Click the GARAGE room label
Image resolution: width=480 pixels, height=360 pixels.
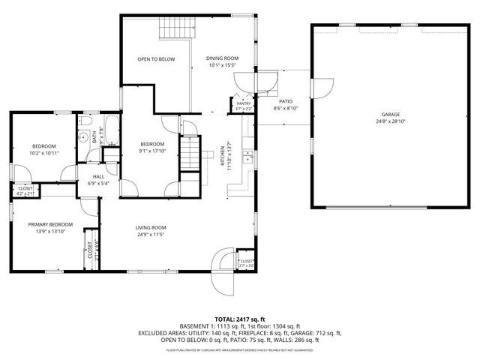[390, 115]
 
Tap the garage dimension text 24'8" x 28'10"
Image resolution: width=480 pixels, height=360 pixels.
[390, 121]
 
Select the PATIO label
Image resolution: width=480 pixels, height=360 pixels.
[286, 101]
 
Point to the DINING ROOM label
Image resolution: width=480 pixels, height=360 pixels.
[223, 58]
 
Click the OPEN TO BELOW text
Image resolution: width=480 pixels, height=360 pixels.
[156, 58]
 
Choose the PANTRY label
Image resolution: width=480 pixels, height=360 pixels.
[244, 103]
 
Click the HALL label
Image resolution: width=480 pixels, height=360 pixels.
[99, 177]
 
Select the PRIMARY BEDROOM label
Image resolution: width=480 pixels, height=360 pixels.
[50, 224]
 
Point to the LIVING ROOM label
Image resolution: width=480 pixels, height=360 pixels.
[150, 228]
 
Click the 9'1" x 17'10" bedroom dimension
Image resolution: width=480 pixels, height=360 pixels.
[153, 150]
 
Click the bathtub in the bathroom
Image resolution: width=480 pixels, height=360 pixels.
[110, 129]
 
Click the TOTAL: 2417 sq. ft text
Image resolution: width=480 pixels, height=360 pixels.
[240, 319]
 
